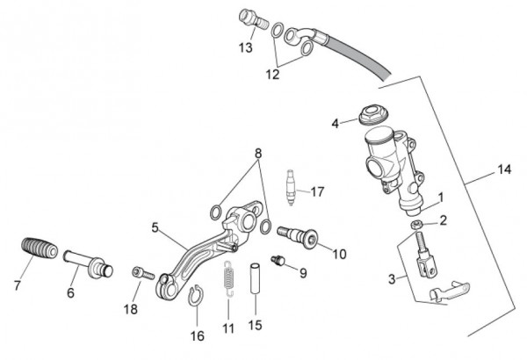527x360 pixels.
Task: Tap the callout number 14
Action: click(503, 168)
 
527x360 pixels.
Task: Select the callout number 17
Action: click(317, 191)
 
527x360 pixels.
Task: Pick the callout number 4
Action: click(335, 124)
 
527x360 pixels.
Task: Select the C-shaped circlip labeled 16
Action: click(198, 295)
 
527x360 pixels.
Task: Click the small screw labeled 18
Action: click(138, 273)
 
